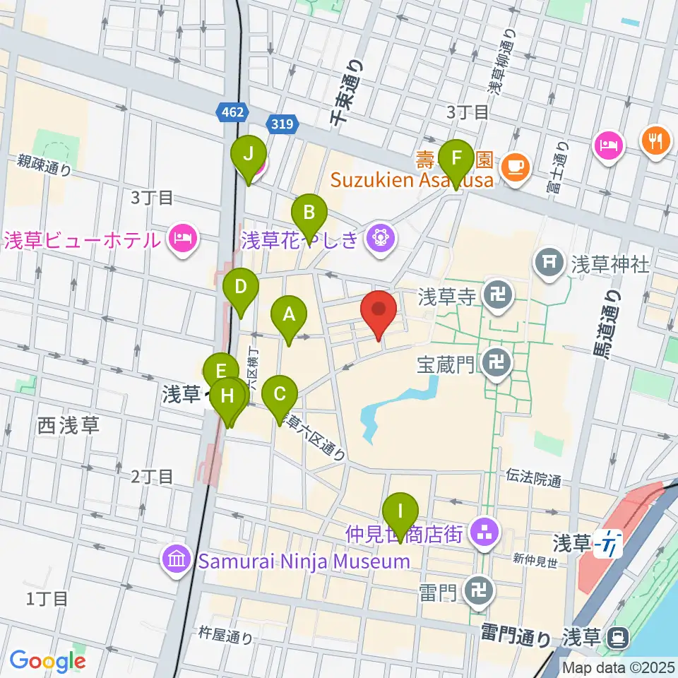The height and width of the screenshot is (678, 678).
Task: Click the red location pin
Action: click(x=379, y=311)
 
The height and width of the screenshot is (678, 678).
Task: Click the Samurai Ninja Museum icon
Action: click(x=174, y=561)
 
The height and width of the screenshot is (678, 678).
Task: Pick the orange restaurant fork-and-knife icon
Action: click(x=655, y=141)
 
